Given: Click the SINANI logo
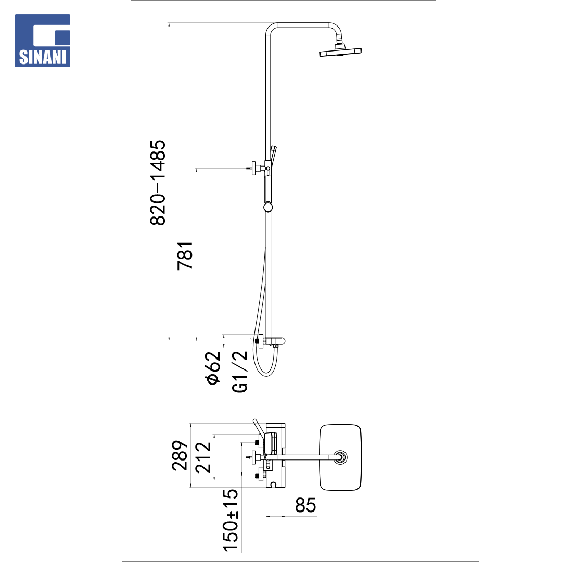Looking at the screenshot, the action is coord(42,41).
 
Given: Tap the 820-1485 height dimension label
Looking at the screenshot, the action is coord(158,183).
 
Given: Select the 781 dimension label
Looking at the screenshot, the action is coord(185,256).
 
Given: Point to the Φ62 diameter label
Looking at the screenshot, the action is coord(213,368).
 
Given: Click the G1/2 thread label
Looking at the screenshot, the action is coord(240,372).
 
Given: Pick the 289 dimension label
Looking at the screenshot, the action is coord(180,455).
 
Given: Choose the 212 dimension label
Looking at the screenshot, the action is coord(203,458).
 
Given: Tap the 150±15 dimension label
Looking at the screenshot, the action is coord(230,520).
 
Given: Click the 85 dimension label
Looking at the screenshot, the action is coord(305,505).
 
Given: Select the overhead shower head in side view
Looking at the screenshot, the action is coord(340,50).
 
